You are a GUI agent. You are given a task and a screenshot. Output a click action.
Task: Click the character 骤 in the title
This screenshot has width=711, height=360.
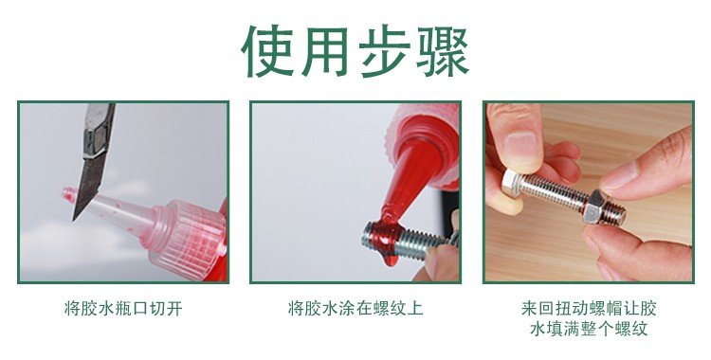pos(443,50)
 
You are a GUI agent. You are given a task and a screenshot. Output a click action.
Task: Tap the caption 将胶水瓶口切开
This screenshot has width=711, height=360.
pos(123,309)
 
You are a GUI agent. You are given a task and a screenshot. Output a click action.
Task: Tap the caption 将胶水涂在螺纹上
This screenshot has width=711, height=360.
pos(355,309)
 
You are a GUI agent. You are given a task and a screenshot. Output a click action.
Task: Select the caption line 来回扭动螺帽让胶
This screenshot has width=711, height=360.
pos(589,309)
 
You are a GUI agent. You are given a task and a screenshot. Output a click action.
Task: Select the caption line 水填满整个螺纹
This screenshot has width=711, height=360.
pos(589,330)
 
